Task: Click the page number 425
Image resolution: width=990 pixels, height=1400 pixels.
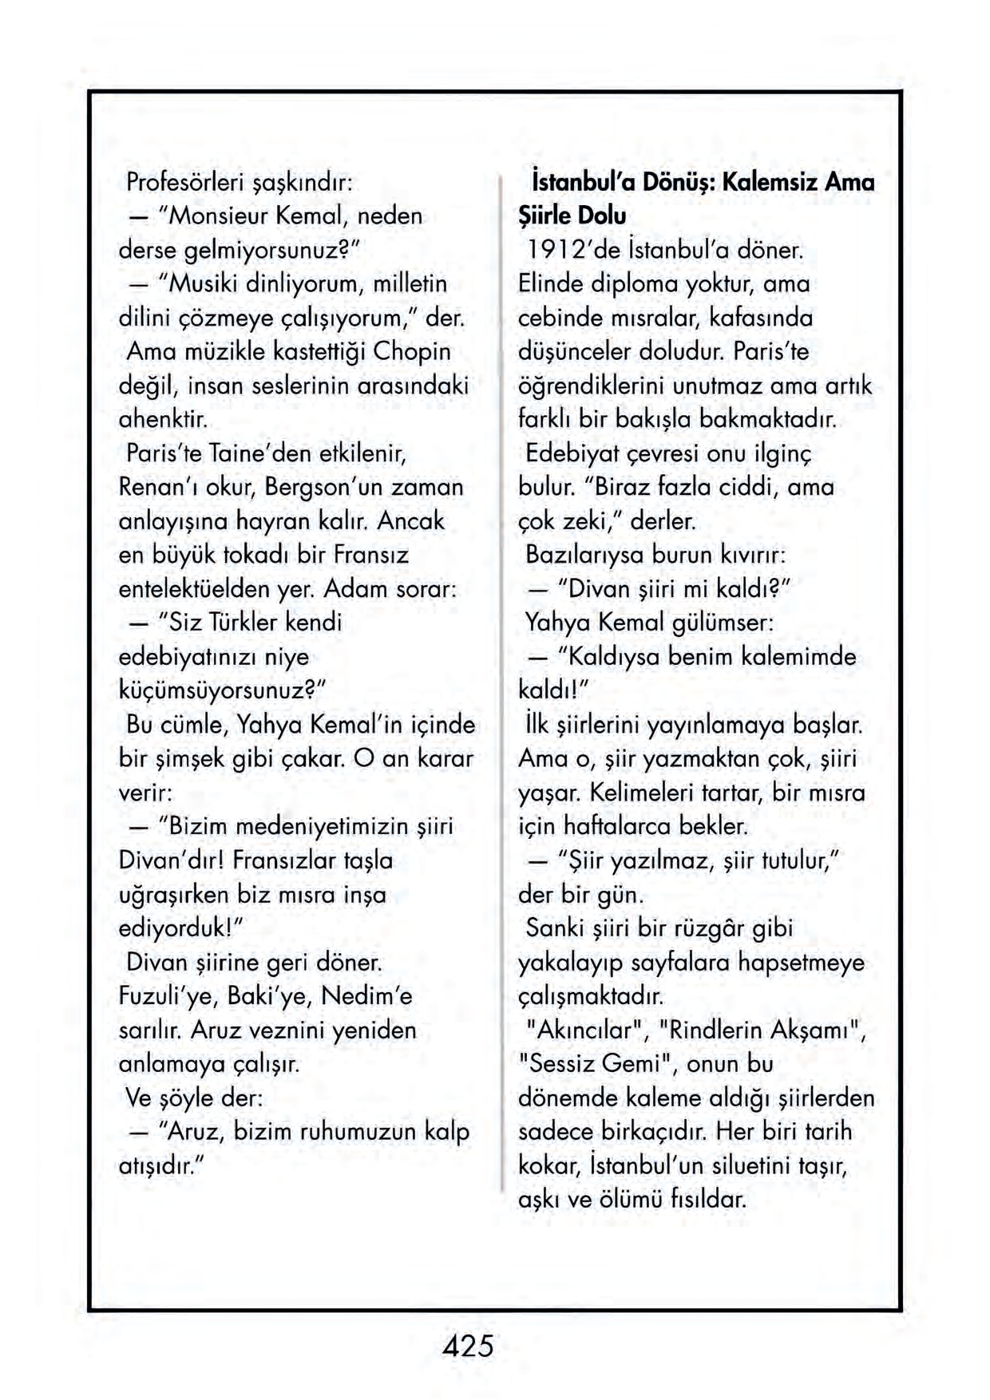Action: tap(468, 1346)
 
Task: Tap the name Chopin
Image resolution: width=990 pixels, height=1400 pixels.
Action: tap(412, 351)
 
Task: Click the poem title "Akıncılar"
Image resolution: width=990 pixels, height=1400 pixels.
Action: tap(584, 1030)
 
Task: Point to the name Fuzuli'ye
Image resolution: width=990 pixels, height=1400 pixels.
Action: tap(168, 996)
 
